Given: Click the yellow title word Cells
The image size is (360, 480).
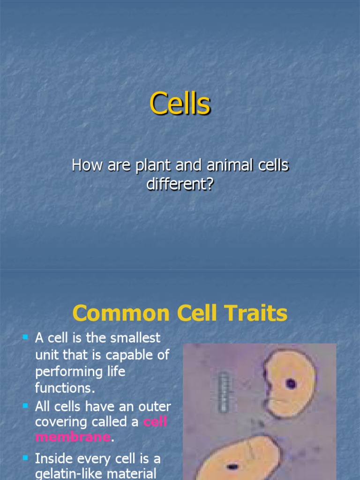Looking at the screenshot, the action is (x=180, y=104).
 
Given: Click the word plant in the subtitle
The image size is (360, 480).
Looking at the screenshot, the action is (x=153, y=165).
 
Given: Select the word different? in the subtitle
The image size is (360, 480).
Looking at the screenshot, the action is (x=180, y=184).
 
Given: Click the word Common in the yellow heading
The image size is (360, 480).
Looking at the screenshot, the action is (x=121, y=313).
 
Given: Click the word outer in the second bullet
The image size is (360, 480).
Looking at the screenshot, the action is (x=155, y=406).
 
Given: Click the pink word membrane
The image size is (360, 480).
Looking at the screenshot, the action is (x=73, y=436).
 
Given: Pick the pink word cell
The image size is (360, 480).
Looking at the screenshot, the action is (x=155, y=421).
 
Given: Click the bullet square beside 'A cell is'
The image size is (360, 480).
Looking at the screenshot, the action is (x=25, y=337).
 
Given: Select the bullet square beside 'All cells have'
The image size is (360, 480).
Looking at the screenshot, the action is (x=25, y=406).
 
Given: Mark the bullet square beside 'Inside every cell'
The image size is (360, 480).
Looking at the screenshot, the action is (x=25, y=458).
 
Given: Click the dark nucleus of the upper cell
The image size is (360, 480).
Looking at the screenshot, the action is (x=291, y=383).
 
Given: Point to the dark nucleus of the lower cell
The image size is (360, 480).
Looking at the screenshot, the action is (x=232, y=466).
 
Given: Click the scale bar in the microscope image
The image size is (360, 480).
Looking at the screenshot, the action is (x=224, y=392).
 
